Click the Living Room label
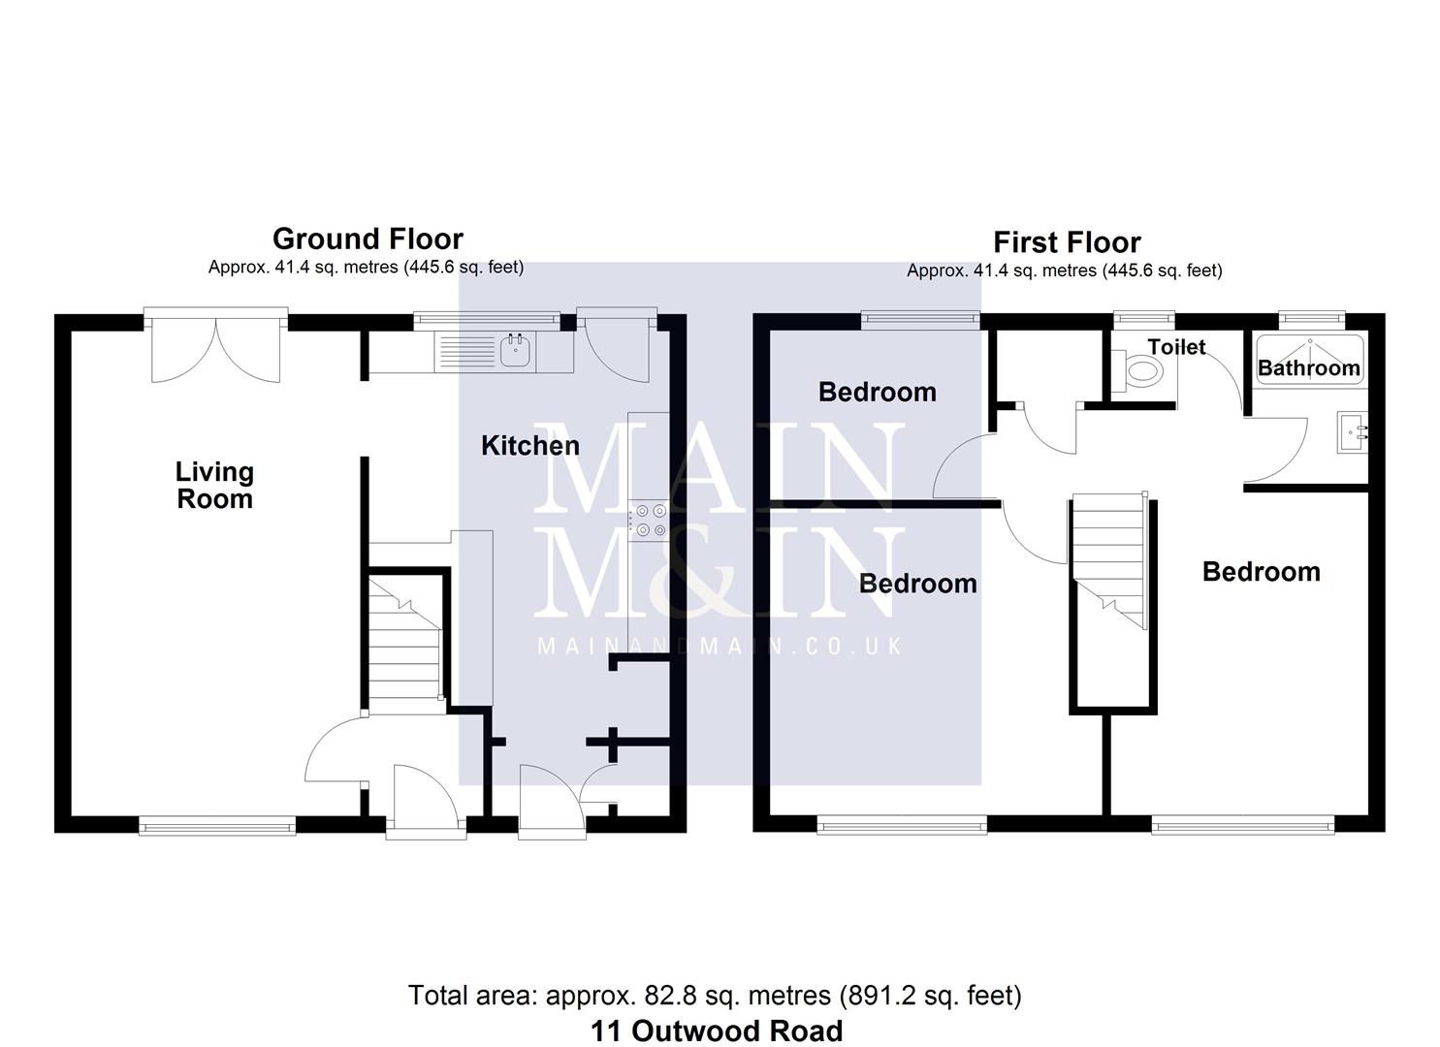(214, 485)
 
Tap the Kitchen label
(530, 446)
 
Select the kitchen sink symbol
(515, 351)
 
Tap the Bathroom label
(1308, 368)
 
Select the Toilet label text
(1176, 347)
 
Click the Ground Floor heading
(368, 238)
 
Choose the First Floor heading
(1067, 242)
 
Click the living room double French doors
(216, 347)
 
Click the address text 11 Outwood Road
(717, 1031)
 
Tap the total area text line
(715, 995)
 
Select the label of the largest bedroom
(1261, 572)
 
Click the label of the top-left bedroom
(878, 392)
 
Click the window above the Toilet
(1143, 317)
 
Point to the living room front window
(216, 825)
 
